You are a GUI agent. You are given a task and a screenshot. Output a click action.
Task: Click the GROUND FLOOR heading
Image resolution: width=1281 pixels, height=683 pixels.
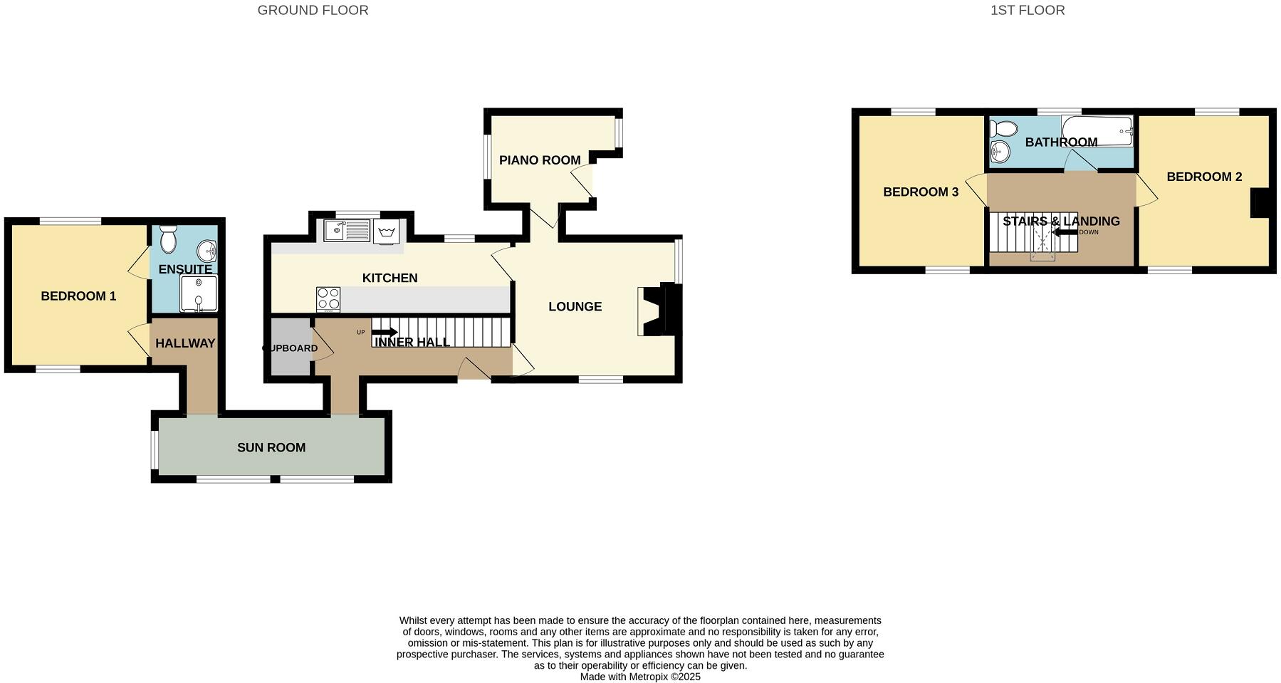(313, 11)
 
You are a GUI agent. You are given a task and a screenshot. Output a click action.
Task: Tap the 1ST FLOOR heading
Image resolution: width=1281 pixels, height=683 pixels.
(1027, 11)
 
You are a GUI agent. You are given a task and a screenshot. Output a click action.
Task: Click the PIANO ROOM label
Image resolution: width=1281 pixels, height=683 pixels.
(539, 160)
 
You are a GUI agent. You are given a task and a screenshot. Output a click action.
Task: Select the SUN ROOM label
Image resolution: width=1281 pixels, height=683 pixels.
(271, 447)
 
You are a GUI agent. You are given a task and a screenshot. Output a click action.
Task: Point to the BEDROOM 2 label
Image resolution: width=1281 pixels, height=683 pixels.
(1203, 177)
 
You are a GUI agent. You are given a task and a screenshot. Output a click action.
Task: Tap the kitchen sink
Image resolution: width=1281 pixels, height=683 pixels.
(346, 230)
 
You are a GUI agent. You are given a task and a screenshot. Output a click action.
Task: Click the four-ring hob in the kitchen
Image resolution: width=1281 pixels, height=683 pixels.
(328, 299)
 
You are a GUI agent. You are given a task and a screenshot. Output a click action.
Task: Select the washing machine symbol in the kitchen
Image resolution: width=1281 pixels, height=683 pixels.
(387, 231)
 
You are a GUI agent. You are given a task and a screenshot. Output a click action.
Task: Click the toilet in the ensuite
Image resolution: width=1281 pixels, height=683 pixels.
(168, 239)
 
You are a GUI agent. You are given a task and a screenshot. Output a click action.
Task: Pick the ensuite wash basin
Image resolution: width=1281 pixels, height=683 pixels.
(208, 250)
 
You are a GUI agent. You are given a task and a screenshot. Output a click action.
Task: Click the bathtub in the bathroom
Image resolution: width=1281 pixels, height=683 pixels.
(1097, 130)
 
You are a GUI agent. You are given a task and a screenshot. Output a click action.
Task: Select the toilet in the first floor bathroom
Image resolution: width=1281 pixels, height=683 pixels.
(1004, 129)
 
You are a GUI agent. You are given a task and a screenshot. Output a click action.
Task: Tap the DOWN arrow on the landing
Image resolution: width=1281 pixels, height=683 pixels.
(1065, 232)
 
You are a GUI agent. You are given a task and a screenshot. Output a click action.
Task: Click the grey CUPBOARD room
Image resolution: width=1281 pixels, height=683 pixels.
(291, 348)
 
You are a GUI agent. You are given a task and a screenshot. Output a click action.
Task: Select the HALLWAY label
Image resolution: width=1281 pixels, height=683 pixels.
(185, 343)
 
